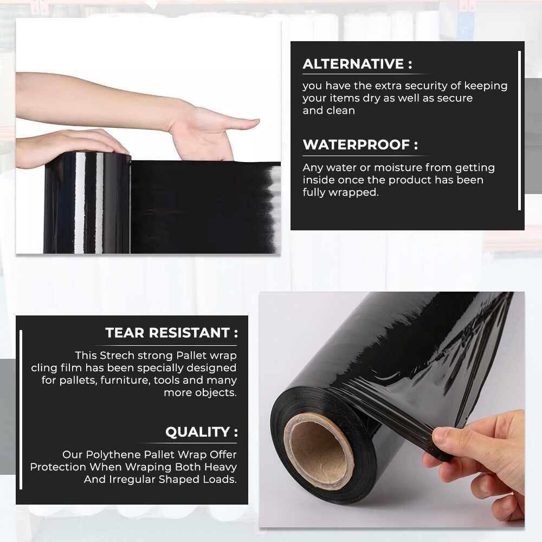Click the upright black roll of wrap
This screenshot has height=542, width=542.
point(87,206)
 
